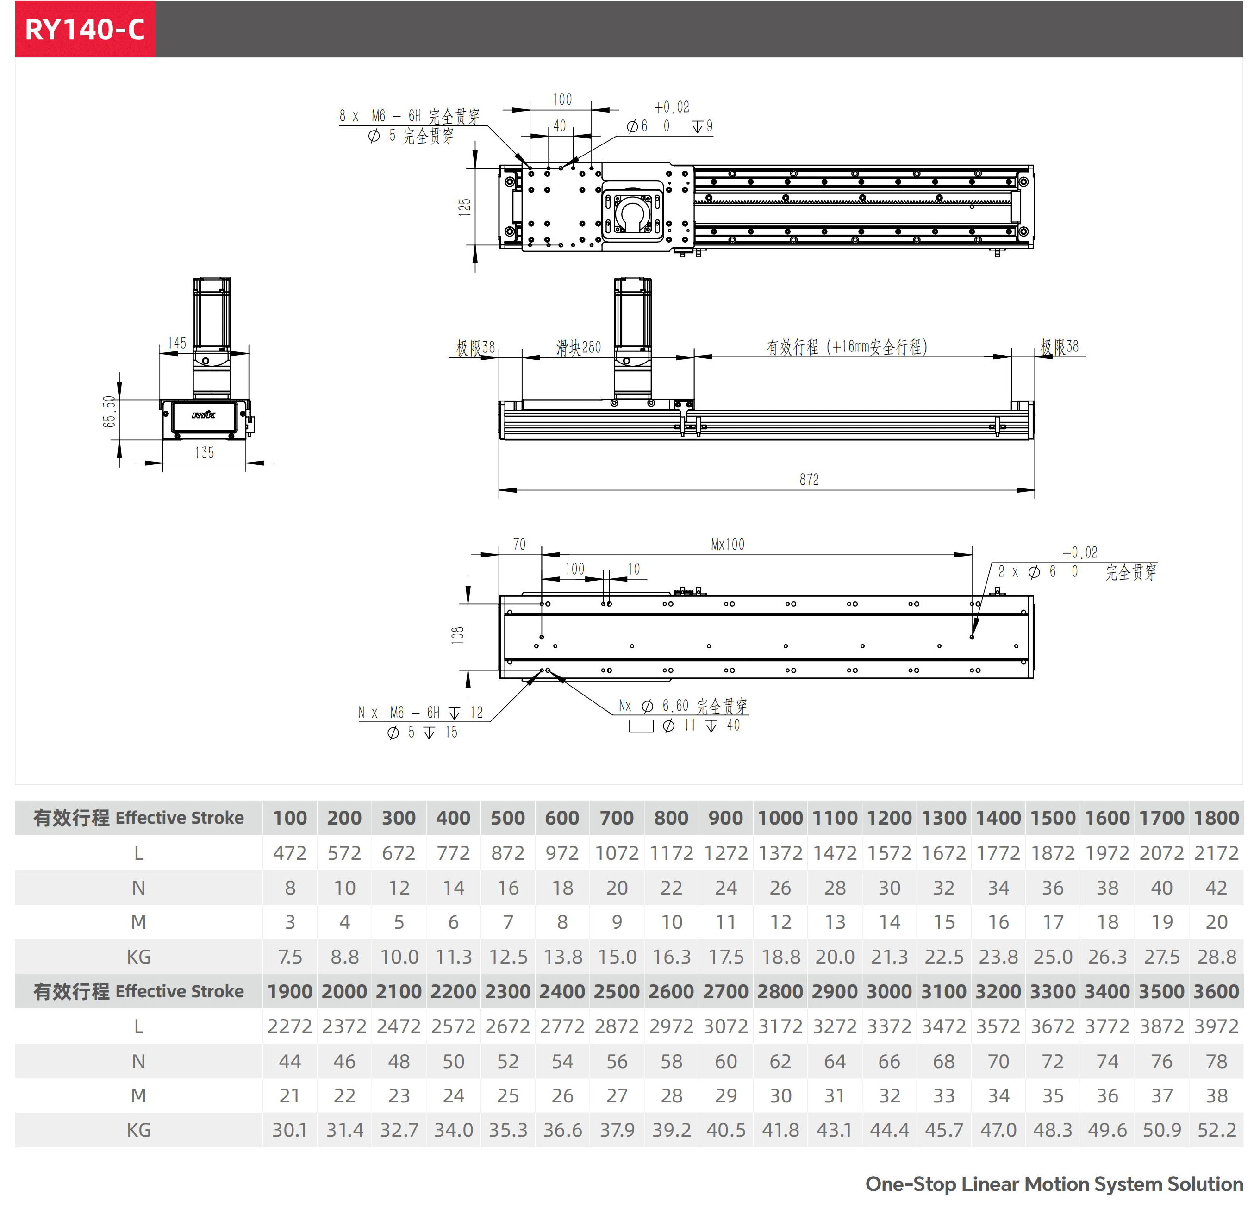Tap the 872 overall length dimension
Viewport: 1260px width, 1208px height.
pyautogui.click(x=809, y=480)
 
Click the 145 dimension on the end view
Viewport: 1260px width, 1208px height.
pyautogui.click(x=177, y=343)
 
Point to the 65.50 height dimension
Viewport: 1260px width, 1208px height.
pyautogui.click(x=110, y=412)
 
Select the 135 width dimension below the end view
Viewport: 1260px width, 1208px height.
pyautogui.click(x=205, y=453)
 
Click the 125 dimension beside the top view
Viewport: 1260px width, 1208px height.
pyautogui.click(x=464, y=207)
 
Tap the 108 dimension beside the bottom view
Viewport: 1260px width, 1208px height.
pyautogui.click(x=457, y=634)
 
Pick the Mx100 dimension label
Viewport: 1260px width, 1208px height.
pyautogui.click(x=728, y=545)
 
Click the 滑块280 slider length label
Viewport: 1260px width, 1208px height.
pyautogui.click(x=579, y=348)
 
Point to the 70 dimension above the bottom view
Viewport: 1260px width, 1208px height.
pyautogui.click(x=519, y=545)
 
